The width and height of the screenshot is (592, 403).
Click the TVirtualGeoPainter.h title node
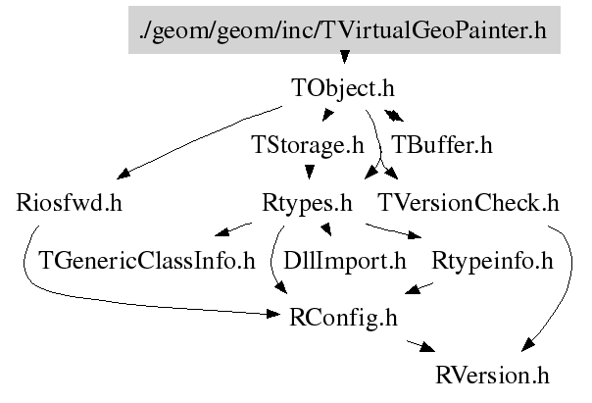(344, 29)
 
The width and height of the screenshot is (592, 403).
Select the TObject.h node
(343, 88)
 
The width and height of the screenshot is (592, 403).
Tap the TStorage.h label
(308, 145)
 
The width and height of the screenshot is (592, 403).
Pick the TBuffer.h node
(442, 145)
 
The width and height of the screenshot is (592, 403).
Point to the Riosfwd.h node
(69, 203)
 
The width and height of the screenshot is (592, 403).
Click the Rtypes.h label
(307, 204)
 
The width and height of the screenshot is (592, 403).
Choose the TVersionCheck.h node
(469, 203)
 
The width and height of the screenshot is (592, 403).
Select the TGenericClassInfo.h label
(147, 261)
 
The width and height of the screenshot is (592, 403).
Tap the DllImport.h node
(345, 262)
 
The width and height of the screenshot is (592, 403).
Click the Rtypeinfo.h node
(492, 262)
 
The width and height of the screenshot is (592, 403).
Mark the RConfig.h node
(343, 318)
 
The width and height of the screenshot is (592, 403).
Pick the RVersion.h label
(492, 376)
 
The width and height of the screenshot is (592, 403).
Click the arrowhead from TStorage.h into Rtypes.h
(310, 172)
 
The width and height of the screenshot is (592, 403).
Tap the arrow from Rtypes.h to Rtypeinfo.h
(393, 231)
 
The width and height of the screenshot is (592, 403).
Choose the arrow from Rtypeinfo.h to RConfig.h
(419, 288)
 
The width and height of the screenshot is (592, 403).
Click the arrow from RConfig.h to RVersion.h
(420, 346)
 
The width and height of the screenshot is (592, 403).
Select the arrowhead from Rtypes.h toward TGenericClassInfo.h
(222, 231)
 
